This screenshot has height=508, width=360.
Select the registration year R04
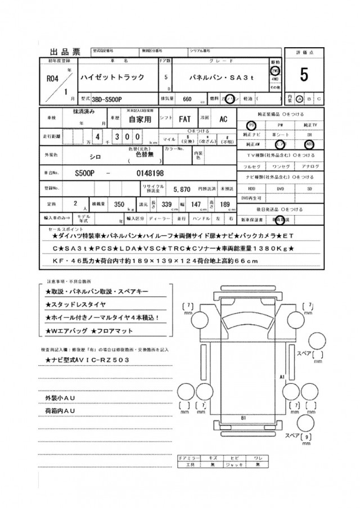coord(53,78)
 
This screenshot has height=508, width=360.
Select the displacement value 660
coord(188,98)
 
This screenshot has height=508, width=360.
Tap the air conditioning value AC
coord(223,119)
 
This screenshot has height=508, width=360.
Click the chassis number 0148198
coord(150,173)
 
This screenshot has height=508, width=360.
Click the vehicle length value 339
coord(166,206)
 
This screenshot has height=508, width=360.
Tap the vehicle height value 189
coord(225,206)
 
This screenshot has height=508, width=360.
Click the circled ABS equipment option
coord(309,143)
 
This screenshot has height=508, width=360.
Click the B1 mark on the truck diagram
coord(244,418)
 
